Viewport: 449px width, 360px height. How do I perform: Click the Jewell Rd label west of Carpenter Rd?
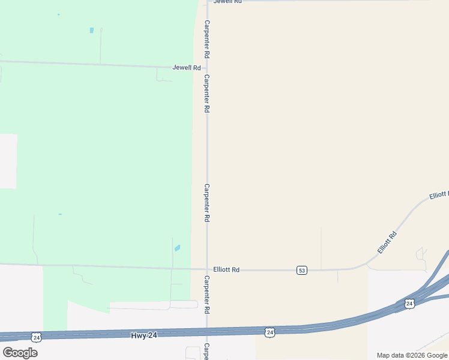pyautogui.click(x=186, y=68)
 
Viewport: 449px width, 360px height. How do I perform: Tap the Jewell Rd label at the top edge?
pyautogui.click(x=228, y=2)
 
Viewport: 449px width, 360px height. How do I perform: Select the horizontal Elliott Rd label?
pyautogui.click(x=226, y=270)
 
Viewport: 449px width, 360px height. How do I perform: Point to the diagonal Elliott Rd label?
pyautogui.click(x=388, y=242)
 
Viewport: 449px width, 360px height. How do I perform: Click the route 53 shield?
pyautogui.click(x=302, y=271)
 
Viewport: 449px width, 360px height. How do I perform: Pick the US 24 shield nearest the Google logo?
pyautogui.click(x=37, y=338)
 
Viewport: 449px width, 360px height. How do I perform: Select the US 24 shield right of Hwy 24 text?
pyautogui.click(x=270, y=331)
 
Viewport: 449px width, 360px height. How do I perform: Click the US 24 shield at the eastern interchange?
pyautogui.click(x=409, y=304)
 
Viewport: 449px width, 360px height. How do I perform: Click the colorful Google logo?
pyautogui.click(x=20, y=353)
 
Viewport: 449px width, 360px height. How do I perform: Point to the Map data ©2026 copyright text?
pyautogui.click(x=412, y=355)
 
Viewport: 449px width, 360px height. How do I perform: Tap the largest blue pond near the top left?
pyautogui.click(x=92, y=30)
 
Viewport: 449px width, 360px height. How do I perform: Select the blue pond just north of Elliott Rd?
pyautogui.click(x=177, y=248)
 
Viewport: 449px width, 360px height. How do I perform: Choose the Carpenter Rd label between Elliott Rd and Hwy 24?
pyautogui.click(x=207, y=295)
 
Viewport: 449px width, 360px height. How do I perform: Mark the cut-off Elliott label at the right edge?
pyautogui.click(x=439, y=195)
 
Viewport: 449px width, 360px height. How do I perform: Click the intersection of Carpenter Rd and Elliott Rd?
pyautogui.click(x=207, y=269)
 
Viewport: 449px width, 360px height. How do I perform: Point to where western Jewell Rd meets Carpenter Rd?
pyautogui.click(x=207, y=68)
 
